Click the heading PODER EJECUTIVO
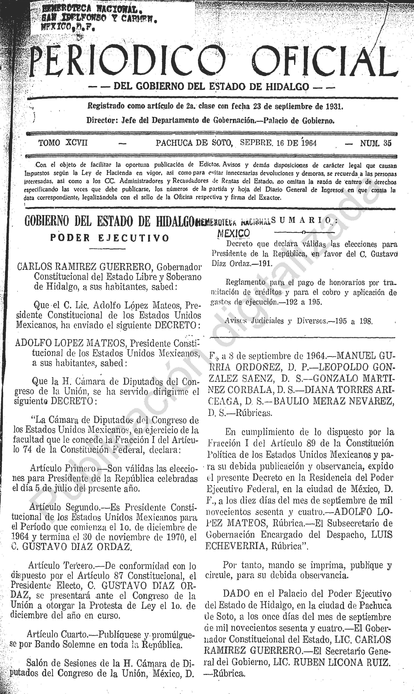point(110,238)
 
